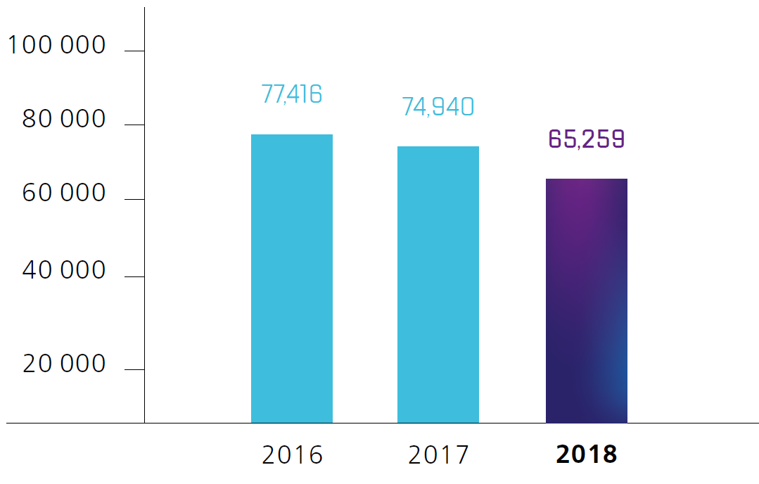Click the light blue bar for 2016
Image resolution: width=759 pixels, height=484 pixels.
click(292, 278)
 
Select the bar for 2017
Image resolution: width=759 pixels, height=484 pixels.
click(438, 284)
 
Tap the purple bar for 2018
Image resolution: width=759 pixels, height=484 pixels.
click(586, 300)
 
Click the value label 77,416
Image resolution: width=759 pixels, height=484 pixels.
click(292, 94)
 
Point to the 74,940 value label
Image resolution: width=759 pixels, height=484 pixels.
click(438, 107)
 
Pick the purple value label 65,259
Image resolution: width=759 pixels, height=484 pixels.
click(586, 139)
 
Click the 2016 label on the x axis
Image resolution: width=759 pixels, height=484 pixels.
click(292, 455)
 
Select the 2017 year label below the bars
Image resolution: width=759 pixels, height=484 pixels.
click(438, 455)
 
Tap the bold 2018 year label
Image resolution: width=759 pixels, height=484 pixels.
click(586, 454)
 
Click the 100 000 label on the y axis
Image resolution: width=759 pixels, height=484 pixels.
click(56, 46)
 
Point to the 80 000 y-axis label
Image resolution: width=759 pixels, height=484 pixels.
click(64, 120)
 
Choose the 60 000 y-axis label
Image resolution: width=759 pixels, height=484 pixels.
click(64, 193)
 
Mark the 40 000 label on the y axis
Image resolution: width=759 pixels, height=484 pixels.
click(64, 270)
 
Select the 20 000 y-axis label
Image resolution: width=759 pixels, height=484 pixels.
click(64, 364)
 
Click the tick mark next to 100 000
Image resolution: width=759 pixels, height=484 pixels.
click(134, 51)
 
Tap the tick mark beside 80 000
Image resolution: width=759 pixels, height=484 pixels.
click(134, 125)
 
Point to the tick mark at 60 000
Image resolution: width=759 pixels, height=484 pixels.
click(134, 199)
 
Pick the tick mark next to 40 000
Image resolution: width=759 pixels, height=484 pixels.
click(134, 276)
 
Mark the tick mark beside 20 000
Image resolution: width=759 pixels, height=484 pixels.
click(134, 369)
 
